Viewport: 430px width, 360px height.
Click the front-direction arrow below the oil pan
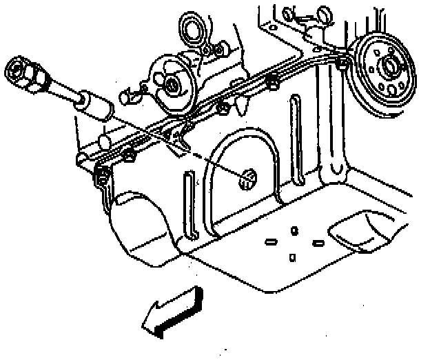172,312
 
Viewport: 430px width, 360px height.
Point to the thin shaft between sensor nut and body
62,90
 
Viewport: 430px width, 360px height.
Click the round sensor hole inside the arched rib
246,178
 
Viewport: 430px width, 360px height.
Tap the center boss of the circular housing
170,83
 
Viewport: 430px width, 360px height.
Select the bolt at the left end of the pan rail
101,172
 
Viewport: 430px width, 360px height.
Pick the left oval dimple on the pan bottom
271,242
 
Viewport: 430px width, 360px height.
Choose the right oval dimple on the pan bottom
318,243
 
